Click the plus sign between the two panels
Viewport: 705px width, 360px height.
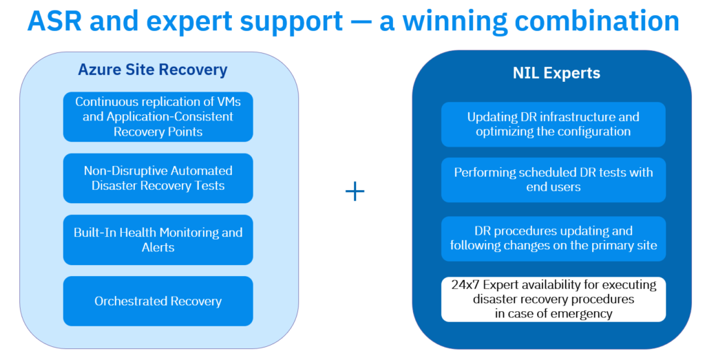click(355, 191)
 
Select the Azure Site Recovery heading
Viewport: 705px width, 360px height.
click(153, 70)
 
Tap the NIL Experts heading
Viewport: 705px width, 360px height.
click(556, 73)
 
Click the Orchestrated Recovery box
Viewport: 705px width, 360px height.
click(158, 301)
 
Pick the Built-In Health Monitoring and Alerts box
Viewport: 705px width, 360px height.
click(158, 240)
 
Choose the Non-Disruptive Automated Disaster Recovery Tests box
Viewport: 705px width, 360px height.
click(158, 178)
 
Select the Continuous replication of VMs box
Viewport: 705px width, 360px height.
click(158, 117)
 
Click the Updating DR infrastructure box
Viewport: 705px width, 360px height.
click(554, 125)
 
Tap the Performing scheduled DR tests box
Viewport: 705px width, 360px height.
click(554, 180)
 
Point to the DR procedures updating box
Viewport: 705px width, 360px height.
click(554, 239)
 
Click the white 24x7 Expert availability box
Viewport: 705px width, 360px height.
click(554, 299)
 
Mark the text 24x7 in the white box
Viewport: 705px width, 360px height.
click(465, 285)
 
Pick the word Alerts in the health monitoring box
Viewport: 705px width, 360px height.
click(158, 247)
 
